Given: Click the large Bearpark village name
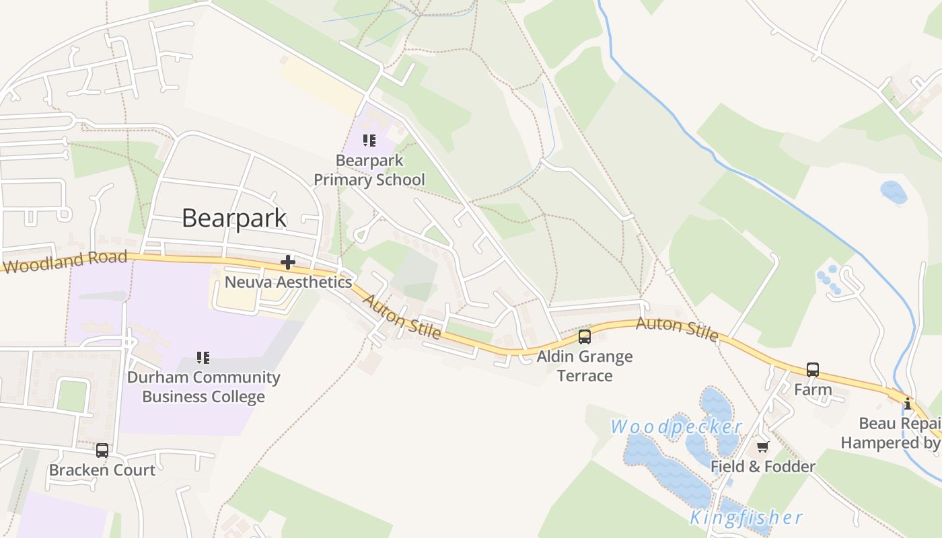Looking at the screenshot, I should click(234, 218).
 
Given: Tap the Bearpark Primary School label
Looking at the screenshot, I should click(369, 170).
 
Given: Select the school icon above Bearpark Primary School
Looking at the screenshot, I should click(369, 141).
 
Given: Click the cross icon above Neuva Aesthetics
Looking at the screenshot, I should click(288, 262).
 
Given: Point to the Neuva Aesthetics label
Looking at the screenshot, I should click(288, 282).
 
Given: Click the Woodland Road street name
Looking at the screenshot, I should click(65, 262).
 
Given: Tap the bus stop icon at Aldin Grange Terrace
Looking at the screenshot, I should click(585, 336).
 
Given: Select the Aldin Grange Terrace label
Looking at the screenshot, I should click(585, 365).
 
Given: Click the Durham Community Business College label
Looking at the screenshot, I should click(203, 387).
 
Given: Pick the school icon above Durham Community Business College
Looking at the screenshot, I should click(203, 357).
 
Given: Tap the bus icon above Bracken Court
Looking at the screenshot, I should click(102, 450).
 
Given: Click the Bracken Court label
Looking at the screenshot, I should click(102, 469).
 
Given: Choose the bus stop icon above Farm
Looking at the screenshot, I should click(813, 369).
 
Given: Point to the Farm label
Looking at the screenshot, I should click(813, 389).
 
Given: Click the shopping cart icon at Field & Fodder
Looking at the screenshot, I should click(763, 447).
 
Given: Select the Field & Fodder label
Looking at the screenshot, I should click(763, 466).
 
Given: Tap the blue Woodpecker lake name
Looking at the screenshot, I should click(676, 426).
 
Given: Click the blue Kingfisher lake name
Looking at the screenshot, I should click(746, 517).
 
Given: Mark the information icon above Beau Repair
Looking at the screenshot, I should click(908, 403).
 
